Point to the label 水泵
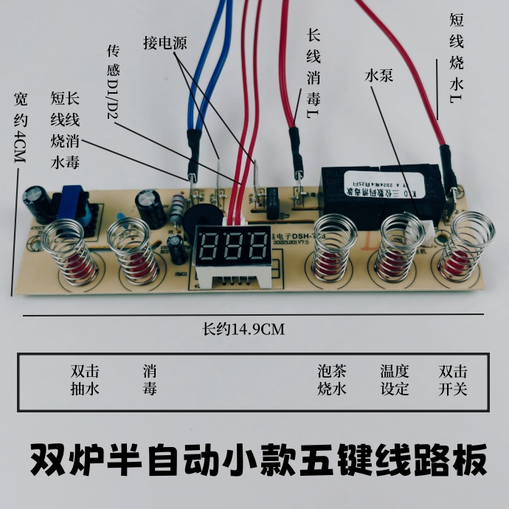[x=376, y=76]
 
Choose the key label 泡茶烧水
[x=332, y=380]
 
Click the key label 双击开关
[x=453, y=380]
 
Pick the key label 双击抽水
[x=85, y=380]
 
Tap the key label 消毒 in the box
[x=150, y=380]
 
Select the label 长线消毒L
[x=313, y=74]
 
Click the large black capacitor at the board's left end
[x=35, y=200]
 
